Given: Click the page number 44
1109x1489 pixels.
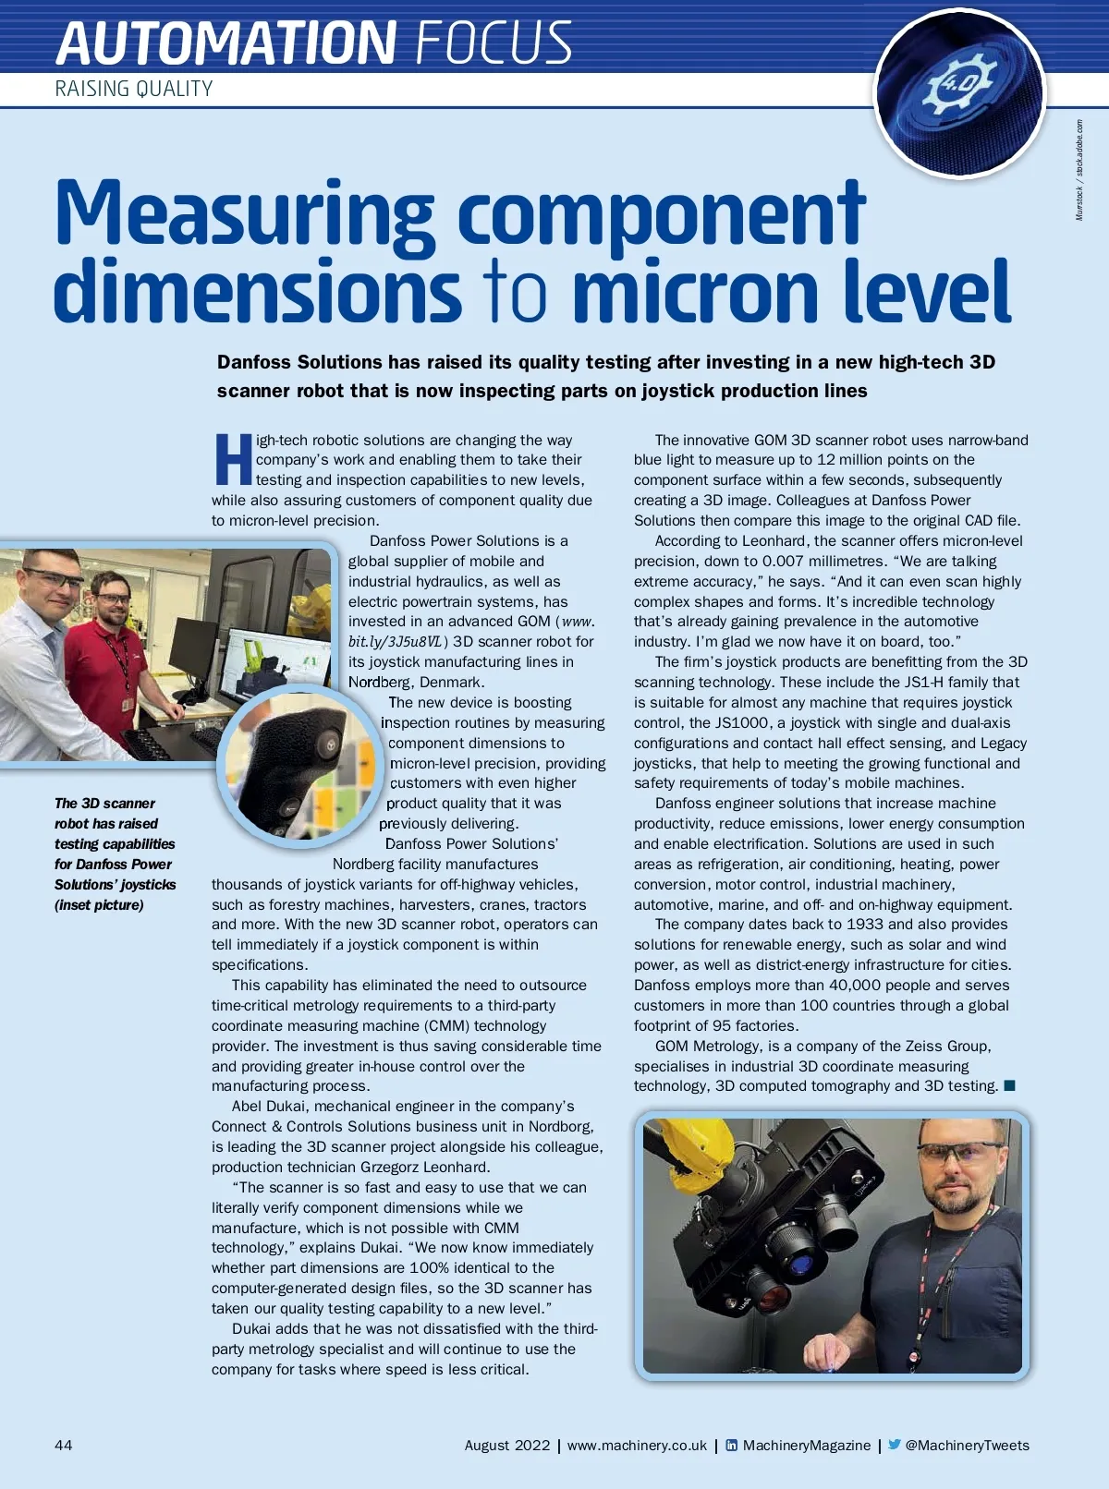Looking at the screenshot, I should (63, 1446).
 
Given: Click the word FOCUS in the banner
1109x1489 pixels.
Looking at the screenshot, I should (494, 42).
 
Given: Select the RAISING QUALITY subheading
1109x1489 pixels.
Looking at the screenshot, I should (134, 89).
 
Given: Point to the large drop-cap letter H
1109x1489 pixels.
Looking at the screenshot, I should (233, 460).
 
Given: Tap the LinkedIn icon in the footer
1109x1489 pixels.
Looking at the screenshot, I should (732, 1446).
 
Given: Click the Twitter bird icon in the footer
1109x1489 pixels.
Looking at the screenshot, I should (894, 1445).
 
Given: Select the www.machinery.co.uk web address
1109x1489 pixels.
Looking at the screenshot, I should (637, 1446).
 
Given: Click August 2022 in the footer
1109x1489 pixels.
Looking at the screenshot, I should (506, 1446).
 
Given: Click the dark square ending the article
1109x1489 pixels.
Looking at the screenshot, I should (1009, 1085).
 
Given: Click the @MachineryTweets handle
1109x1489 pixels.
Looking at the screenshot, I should (967, 1446).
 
